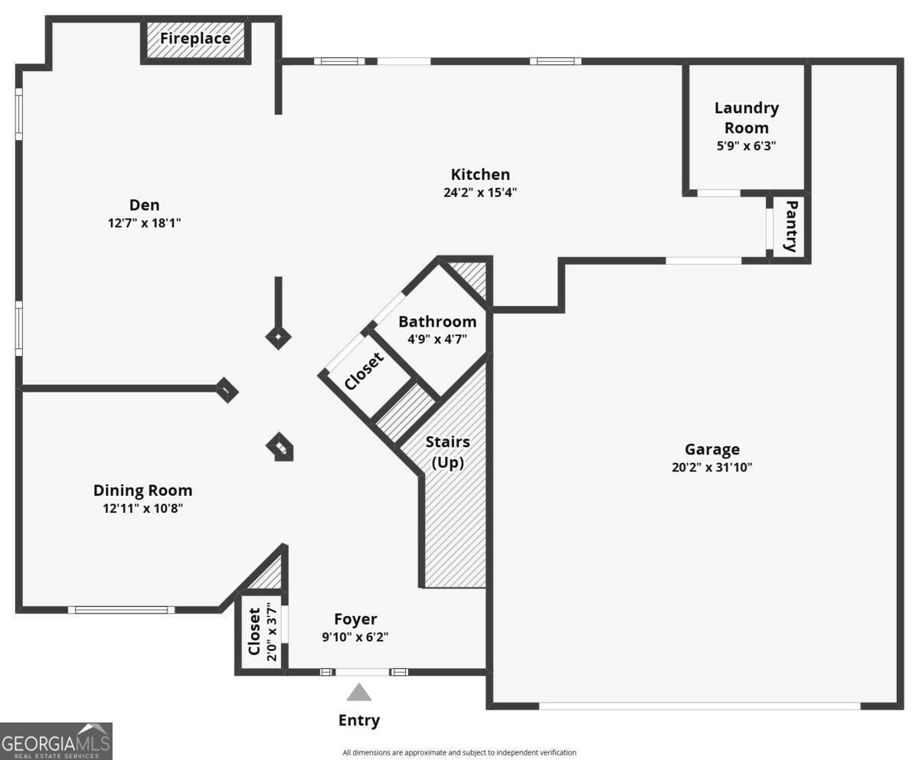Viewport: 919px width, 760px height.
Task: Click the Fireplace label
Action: (x=195, y=38)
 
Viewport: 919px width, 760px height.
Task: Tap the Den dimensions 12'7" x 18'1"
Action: (x=144, y=223)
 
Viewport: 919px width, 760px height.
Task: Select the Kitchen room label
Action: (x=480, y=175)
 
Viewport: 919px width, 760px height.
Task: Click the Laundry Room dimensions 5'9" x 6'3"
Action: (x=746, y=145)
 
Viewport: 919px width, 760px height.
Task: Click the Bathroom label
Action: (x=437, y=321)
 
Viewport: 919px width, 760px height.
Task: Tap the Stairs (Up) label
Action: (x=448, y=452)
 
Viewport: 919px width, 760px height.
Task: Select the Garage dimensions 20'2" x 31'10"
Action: (x=711, y=468)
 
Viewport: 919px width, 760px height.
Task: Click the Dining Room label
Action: (x=142, y=491)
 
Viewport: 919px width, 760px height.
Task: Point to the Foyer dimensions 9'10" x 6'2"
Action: (x=355, y=637)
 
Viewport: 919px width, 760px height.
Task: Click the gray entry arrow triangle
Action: (x=358, y=693)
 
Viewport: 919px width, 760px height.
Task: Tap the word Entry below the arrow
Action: (x=358, y=720)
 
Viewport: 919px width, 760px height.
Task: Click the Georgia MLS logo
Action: (x=57, y=741)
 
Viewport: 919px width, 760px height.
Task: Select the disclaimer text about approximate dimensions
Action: (x=459, y=752)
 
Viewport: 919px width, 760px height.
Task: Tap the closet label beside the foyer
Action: (x=254, y=632)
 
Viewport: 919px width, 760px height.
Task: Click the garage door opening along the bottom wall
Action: (x=699, y=706)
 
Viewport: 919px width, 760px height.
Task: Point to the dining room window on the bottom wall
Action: (x=121, y=610)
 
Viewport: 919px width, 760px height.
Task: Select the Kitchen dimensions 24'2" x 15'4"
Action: (x=480, y=193)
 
